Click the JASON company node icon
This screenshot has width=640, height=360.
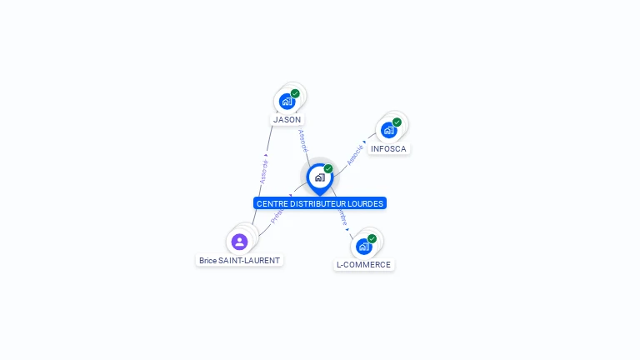[x=287, y=102]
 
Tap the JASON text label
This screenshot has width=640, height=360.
[x=287, y=120]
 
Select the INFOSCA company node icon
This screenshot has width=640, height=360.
[x=389, y=130]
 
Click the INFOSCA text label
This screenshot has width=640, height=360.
[x=389, y=149]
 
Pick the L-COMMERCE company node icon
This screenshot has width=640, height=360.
[x=364, y=246]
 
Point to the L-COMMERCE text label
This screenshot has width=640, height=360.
[x=363, y=265]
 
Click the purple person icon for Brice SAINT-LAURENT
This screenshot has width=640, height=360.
[x=240, y=242]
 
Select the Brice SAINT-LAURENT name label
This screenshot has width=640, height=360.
[x=240, y=260]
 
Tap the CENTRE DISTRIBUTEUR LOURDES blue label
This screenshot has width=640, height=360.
[x=320, y=203]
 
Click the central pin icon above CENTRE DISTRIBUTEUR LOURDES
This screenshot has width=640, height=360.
[x=319, y=177]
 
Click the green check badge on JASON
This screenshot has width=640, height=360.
[x=295, y=93]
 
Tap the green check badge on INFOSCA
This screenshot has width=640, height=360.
[x=397, y=122]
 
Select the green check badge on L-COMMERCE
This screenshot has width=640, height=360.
[x=372, y=238]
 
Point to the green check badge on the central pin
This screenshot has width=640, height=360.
[x=328, y=169]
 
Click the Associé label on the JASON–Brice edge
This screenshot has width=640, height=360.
[x=264, y=172]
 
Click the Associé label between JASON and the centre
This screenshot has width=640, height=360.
[x=303, y=140]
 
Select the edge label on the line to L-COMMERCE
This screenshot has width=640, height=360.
[x=342, y=217]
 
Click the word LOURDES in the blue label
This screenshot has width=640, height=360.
[x=366, y=203]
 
